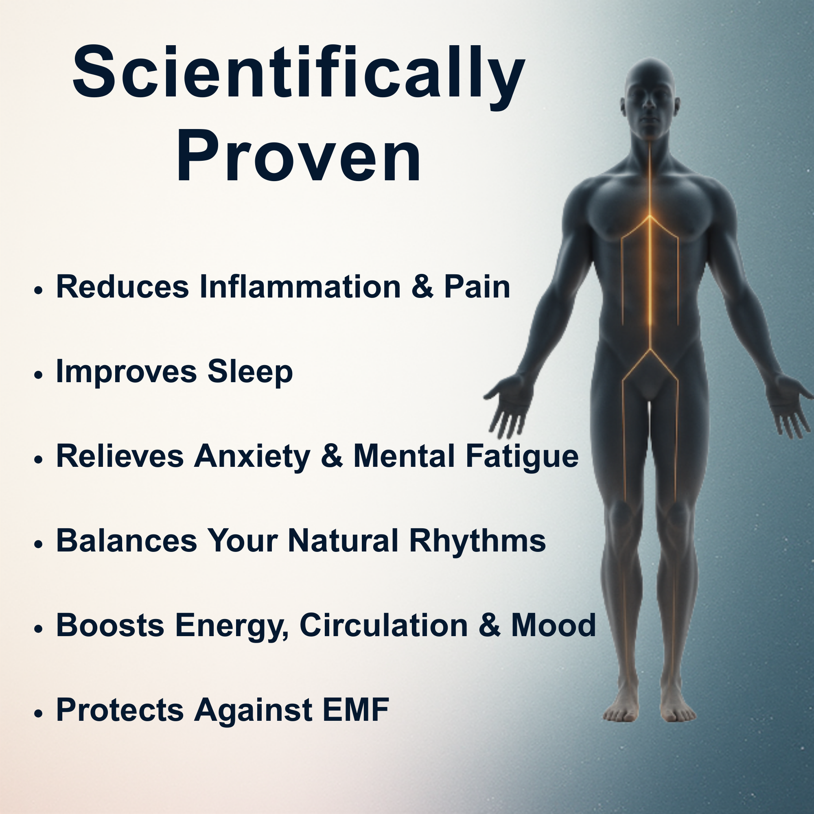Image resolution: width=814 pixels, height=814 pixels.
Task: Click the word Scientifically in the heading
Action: coord(298,74)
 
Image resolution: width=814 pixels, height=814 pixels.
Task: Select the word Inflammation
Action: coord(300,287)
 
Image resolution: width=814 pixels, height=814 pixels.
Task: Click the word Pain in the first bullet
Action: coord(477,287)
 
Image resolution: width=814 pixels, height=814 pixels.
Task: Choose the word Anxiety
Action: coord(252,457)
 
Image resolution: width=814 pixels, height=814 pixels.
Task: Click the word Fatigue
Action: coord(522,457)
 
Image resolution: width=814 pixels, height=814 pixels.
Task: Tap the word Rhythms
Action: coord(477,541)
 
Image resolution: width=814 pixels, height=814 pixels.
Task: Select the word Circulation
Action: coord(384,625)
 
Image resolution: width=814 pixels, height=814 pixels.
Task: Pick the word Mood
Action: coord(554,625)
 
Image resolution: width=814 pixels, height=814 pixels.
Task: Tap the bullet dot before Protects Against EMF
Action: coord(39,713)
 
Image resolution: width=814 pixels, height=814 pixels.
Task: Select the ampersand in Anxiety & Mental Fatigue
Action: coord(332,456)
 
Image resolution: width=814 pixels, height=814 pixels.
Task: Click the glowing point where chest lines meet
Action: coord(650,216)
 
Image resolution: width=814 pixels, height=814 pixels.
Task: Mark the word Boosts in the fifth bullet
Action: coord(110,625)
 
